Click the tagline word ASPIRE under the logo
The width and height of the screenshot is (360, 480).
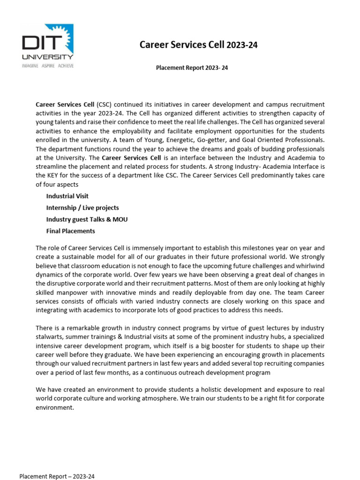47,66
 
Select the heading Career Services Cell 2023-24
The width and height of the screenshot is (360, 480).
199,45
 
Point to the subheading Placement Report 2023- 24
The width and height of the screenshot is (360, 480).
192,68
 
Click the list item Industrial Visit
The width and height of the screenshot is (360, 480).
67,196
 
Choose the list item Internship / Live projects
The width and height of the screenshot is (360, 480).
82,208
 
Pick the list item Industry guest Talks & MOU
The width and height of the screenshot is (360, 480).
87,219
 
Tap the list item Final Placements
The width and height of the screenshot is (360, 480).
70,231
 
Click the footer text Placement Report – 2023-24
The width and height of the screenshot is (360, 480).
57,476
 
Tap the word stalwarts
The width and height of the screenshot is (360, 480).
50,337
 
